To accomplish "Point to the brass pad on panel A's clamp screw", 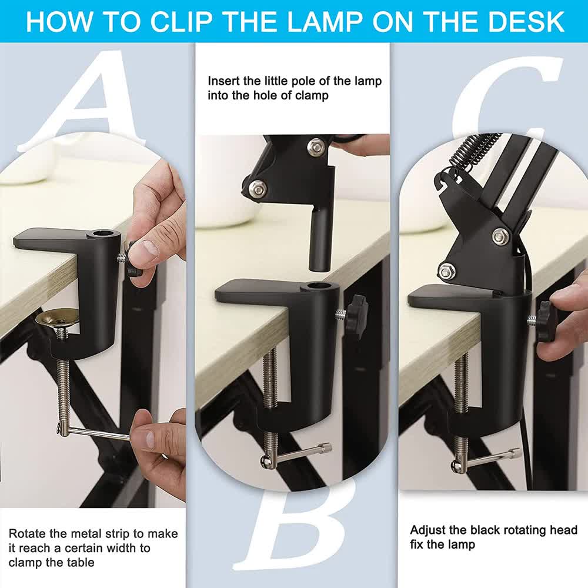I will (56, 318).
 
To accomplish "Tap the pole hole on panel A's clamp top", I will (103, 235).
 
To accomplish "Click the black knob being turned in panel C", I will (545, 322).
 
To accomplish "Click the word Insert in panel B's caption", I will (223, 81).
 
